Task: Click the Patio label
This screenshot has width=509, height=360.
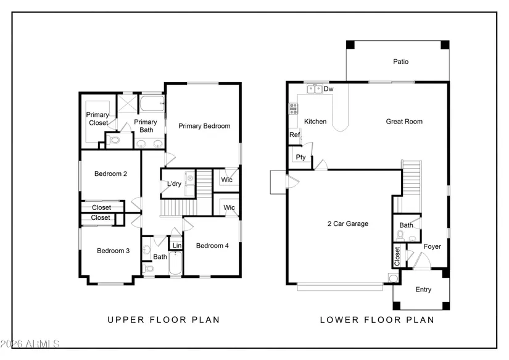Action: pyautogui.click(x=400, y=62)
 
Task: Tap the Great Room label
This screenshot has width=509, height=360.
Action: pyautogui.click(x=404, y=122)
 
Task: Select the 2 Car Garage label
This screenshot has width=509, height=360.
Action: pyautogui.click(x=348, y=224)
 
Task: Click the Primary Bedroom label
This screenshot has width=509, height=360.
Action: pyautogui.click(x=204, y=126)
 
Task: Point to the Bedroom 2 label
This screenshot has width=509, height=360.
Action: pyautogui.click(x=110, y=174)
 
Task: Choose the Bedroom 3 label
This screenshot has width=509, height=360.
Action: pyautogui.click(x=114, y=251)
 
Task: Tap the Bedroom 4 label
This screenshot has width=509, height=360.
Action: pyautogui.click(x=212, y=246)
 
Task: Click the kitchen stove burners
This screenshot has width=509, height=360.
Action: pyautogui.click(x=294, y=109)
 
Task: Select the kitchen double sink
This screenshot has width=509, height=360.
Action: pyautogui.click(x=315, y=89)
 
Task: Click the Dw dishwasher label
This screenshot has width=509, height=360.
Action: pyautogui.click(x=328, y=89)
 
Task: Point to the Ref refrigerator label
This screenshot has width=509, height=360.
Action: pyautogui.click(x=295, y=135)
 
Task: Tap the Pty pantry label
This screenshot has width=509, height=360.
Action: pyautogui.click(x=300, y=157)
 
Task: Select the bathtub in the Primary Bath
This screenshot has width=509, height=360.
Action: pyautogui.click(x=152, y=103)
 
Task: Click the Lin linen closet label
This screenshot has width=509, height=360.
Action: pyautogui.click(x=177, y=246)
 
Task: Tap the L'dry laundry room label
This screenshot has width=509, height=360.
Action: pyautogui.click(x=174, y=184)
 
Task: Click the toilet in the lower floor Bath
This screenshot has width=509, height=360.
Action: pyautogui.click(x=400, y=235)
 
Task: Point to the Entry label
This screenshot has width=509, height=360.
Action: pyautogui.click(x=423, y=290)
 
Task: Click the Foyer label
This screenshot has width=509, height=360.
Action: pyautogui.click(x=432, y=246)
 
